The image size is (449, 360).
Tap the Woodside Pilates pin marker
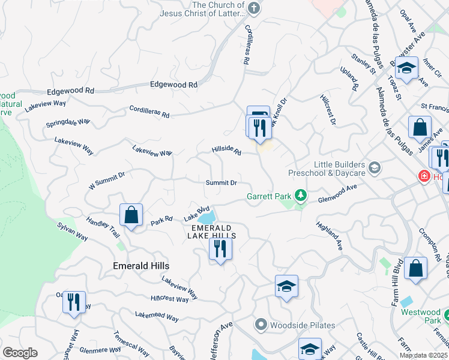pyautogui.click(x=261, y=325)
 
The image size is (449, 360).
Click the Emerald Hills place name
pyautogui.click(x=141, y=265)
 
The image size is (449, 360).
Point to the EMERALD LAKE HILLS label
pyautogui.click(x=213, y=232)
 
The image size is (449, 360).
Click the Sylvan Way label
pyautogui.click(x=73, y=232)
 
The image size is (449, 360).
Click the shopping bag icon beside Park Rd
pyautogui.click(x=131, y=215)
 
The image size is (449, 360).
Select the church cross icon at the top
pyautogui.click(x=254, y=9)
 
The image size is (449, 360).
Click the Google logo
pyautogui.click(x=20, y=353)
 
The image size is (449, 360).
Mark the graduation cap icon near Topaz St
pyautogui.click(x=406, y=68)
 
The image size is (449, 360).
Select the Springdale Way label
pyautogui.click(x=68, y=124)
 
